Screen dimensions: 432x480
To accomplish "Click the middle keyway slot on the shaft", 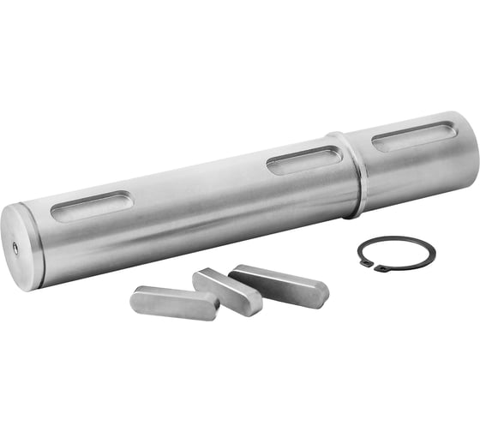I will click(x=304, y=159).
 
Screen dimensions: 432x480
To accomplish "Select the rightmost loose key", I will click(x=279, y=285).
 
